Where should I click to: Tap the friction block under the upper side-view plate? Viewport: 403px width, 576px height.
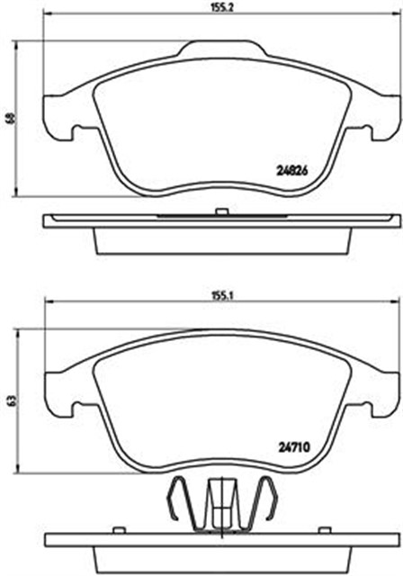tap(220, 238)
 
